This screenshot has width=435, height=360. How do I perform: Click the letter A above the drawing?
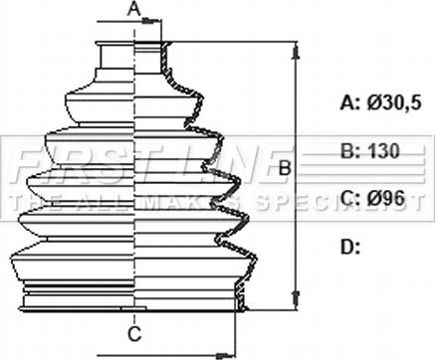click(x=134, y=9)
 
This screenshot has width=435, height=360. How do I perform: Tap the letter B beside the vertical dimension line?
click(x=285, y=168)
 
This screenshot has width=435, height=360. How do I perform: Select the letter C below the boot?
click(x=134, y=334)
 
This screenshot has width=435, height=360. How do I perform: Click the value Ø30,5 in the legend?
click(x=394, y=103)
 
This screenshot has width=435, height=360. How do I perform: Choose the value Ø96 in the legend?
click(x=386, y=199)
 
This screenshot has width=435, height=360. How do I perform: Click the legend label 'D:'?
click(x=350, y=248)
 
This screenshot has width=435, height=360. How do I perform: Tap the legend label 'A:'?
click(x=350, y=103)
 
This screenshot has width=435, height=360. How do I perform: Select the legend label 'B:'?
click(x=350, y=151)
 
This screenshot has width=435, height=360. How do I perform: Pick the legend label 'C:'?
click(x=350, y=199)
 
